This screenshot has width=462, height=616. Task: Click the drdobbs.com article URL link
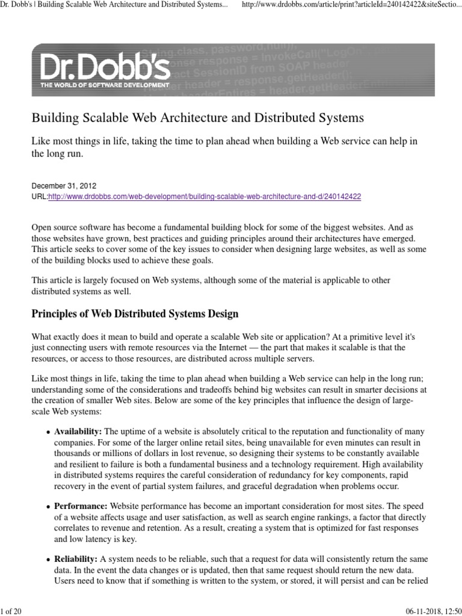tap(205, 197)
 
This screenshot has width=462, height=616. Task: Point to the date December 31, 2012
tap(64, 186)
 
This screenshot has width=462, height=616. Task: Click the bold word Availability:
tap(78, 432)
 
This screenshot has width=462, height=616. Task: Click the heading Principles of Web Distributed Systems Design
tap(135, 313)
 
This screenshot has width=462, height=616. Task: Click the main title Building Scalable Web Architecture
tap(198, 117)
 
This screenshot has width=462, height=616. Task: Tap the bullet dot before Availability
tap(48, 433)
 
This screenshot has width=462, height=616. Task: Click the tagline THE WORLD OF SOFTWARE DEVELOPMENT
tap(105, 85)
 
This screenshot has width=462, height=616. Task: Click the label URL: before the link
tap(39, 197)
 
